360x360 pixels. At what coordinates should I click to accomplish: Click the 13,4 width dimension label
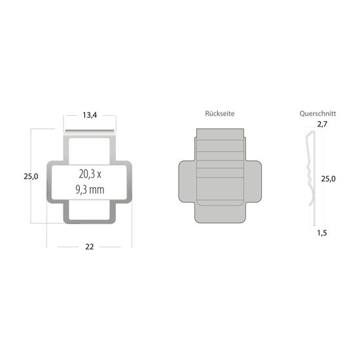[x=90, y=115]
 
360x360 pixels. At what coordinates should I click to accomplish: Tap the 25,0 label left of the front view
[x=31, y=176]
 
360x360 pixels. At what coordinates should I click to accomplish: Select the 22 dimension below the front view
[x=89, y=246]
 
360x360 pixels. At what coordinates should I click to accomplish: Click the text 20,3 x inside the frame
[x=90, y=175]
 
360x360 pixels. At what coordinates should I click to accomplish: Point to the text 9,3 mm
[x=90, y=190]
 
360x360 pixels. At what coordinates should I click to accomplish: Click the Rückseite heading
[x=219, y=114]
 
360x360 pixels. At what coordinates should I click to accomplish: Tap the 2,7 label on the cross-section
[x=321, y=124]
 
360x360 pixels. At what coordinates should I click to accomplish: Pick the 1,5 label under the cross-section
[x=321, y=232]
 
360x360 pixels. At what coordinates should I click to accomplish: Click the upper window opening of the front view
[x=90, y=149]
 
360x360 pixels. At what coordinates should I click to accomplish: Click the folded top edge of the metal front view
[x=90, y=135]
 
